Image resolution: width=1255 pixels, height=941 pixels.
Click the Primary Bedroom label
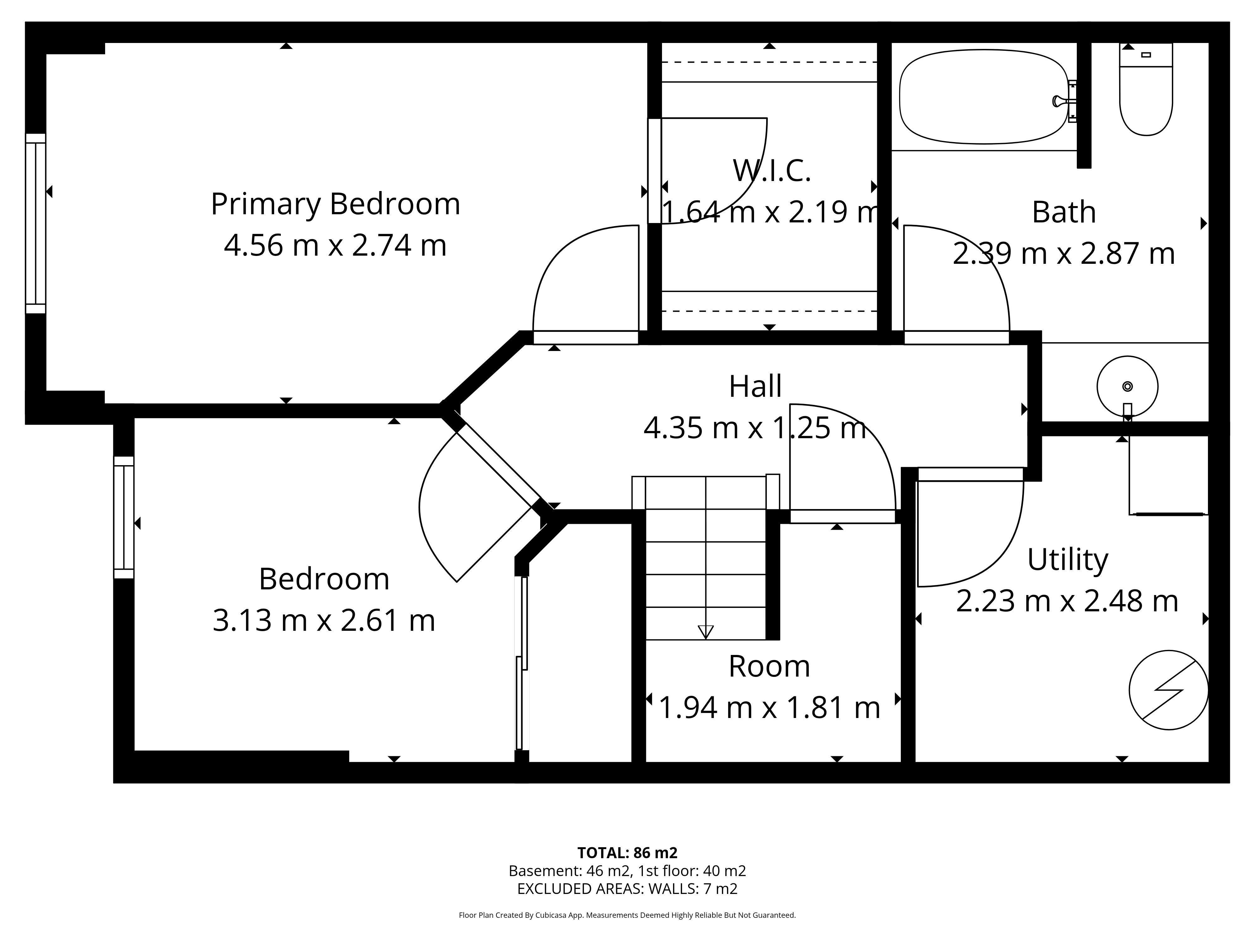(335, 204)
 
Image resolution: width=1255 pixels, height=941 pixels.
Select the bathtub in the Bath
(984, 96)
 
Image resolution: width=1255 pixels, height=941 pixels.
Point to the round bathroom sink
(1127, 387)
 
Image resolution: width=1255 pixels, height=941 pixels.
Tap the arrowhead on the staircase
(706, 632)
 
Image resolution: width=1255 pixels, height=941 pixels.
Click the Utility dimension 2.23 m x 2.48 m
(1067, 601)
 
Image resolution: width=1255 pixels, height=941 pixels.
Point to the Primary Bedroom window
(35, 223)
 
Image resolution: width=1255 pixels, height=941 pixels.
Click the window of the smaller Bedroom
(124, 517)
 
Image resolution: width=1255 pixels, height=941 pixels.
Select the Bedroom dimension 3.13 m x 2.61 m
(324, 620)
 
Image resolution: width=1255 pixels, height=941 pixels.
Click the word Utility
(1068, 561)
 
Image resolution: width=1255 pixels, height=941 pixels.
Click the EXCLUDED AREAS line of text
(627, 889)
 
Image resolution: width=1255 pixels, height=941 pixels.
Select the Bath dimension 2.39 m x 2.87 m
(1064, 253)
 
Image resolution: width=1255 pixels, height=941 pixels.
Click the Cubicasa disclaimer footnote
(627, 915)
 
